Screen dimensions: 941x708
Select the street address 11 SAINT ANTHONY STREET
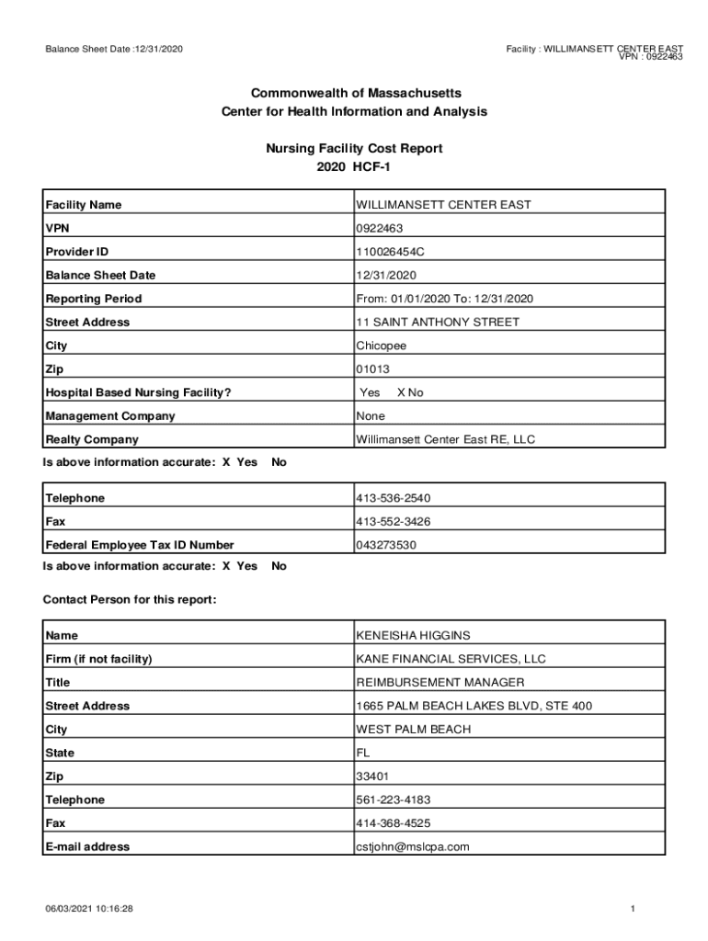pyautogui.click(x=438, y=323)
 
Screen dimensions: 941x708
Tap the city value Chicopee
pyautogui.click(x=382, y=346)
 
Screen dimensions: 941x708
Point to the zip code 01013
pyautogui.click(x=372, y=369)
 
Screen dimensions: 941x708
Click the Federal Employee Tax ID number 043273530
pyautogui.click(x=386, y=545)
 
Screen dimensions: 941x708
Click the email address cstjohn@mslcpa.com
pyautogui.click(x=413, y=847)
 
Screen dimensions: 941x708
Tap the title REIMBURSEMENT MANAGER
pyautogui.click(x=440, y=683)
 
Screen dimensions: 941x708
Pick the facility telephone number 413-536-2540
pyautogui.click(x=394, y=498)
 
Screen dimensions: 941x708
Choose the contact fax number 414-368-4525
pyautogui.click(x=394, y=823)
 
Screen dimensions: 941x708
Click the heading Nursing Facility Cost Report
pyautogui.click(x=354, y=148)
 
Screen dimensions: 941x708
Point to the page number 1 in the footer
pyautogui.click(x=634, y=909)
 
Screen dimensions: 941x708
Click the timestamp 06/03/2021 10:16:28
pyautogui.click(x=91, y=909)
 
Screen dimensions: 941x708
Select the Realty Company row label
pyautogui.click(x=92, y=440)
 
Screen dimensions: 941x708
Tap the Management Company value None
pyautogui.click(x=371, y=416)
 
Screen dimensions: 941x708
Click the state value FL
pyautogui.click(x=363, y=754)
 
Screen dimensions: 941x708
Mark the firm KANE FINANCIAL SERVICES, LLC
pyautogui.click(x=451, y=659)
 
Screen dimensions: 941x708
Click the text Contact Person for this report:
pyautogui.click(x=130, y=600)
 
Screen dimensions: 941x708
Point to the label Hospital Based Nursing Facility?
pyautogui.click(x=138, y=393)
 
